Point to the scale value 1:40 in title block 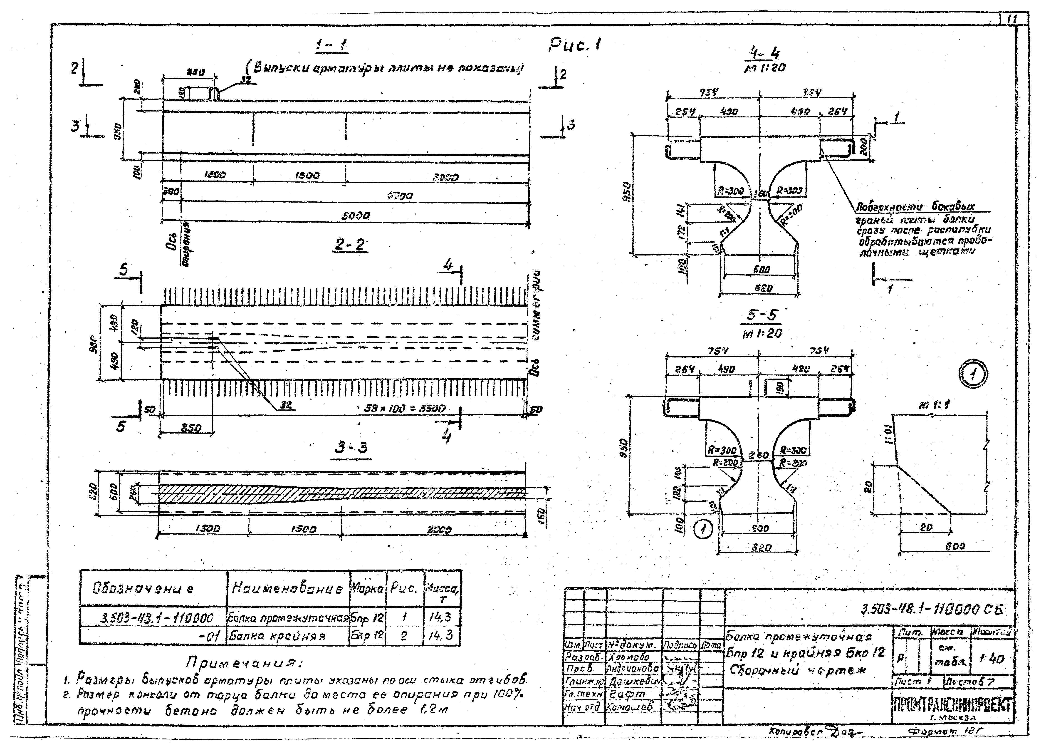click(x=995, y=659)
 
